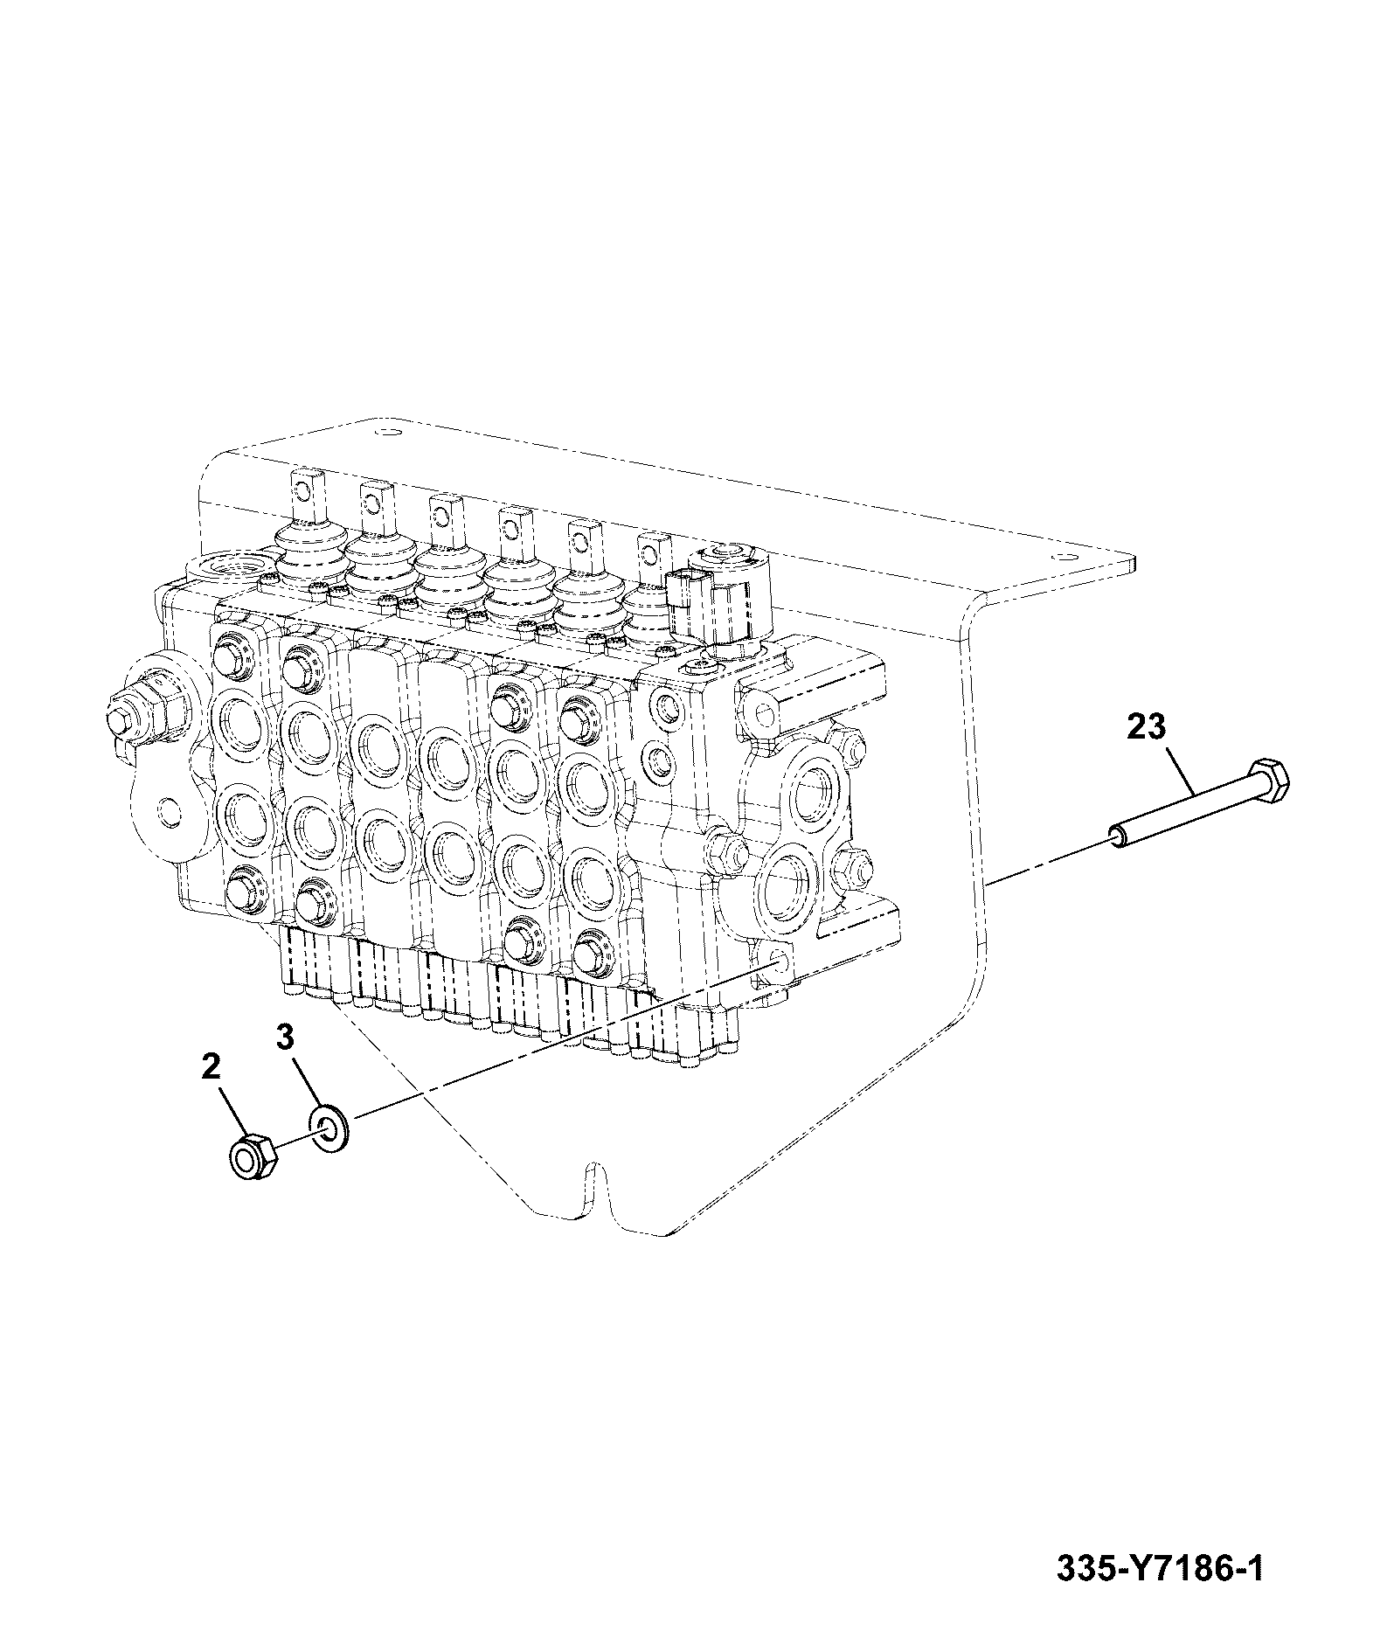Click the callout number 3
(x=285, y=1038)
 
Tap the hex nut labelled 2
(x=253, y=1156)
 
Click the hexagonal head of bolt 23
(x=1268, y=781)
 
